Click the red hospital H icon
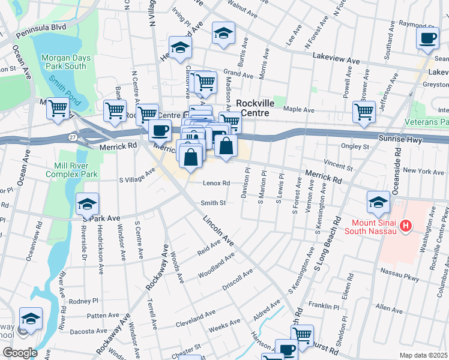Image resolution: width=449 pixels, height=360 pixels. point(406,227)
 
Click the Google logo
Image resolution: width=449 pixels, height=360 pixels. point(20,352)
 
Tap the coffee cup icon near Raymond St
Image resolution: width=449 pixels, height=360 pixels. point(427,38)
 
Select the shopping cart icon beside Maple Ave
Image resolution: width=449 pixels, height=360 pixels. point(364,111)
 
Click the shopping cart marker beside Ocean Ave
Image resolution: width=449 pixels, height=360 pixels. point(57,109)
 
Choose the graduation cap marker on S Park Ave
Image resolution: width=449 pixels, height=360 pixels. point(87,204)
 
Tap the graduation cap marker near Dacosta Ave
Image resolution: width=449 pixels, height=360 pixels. point(31,318)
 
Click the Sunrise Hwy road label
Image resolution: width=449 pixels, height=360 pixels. point(401,139)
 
